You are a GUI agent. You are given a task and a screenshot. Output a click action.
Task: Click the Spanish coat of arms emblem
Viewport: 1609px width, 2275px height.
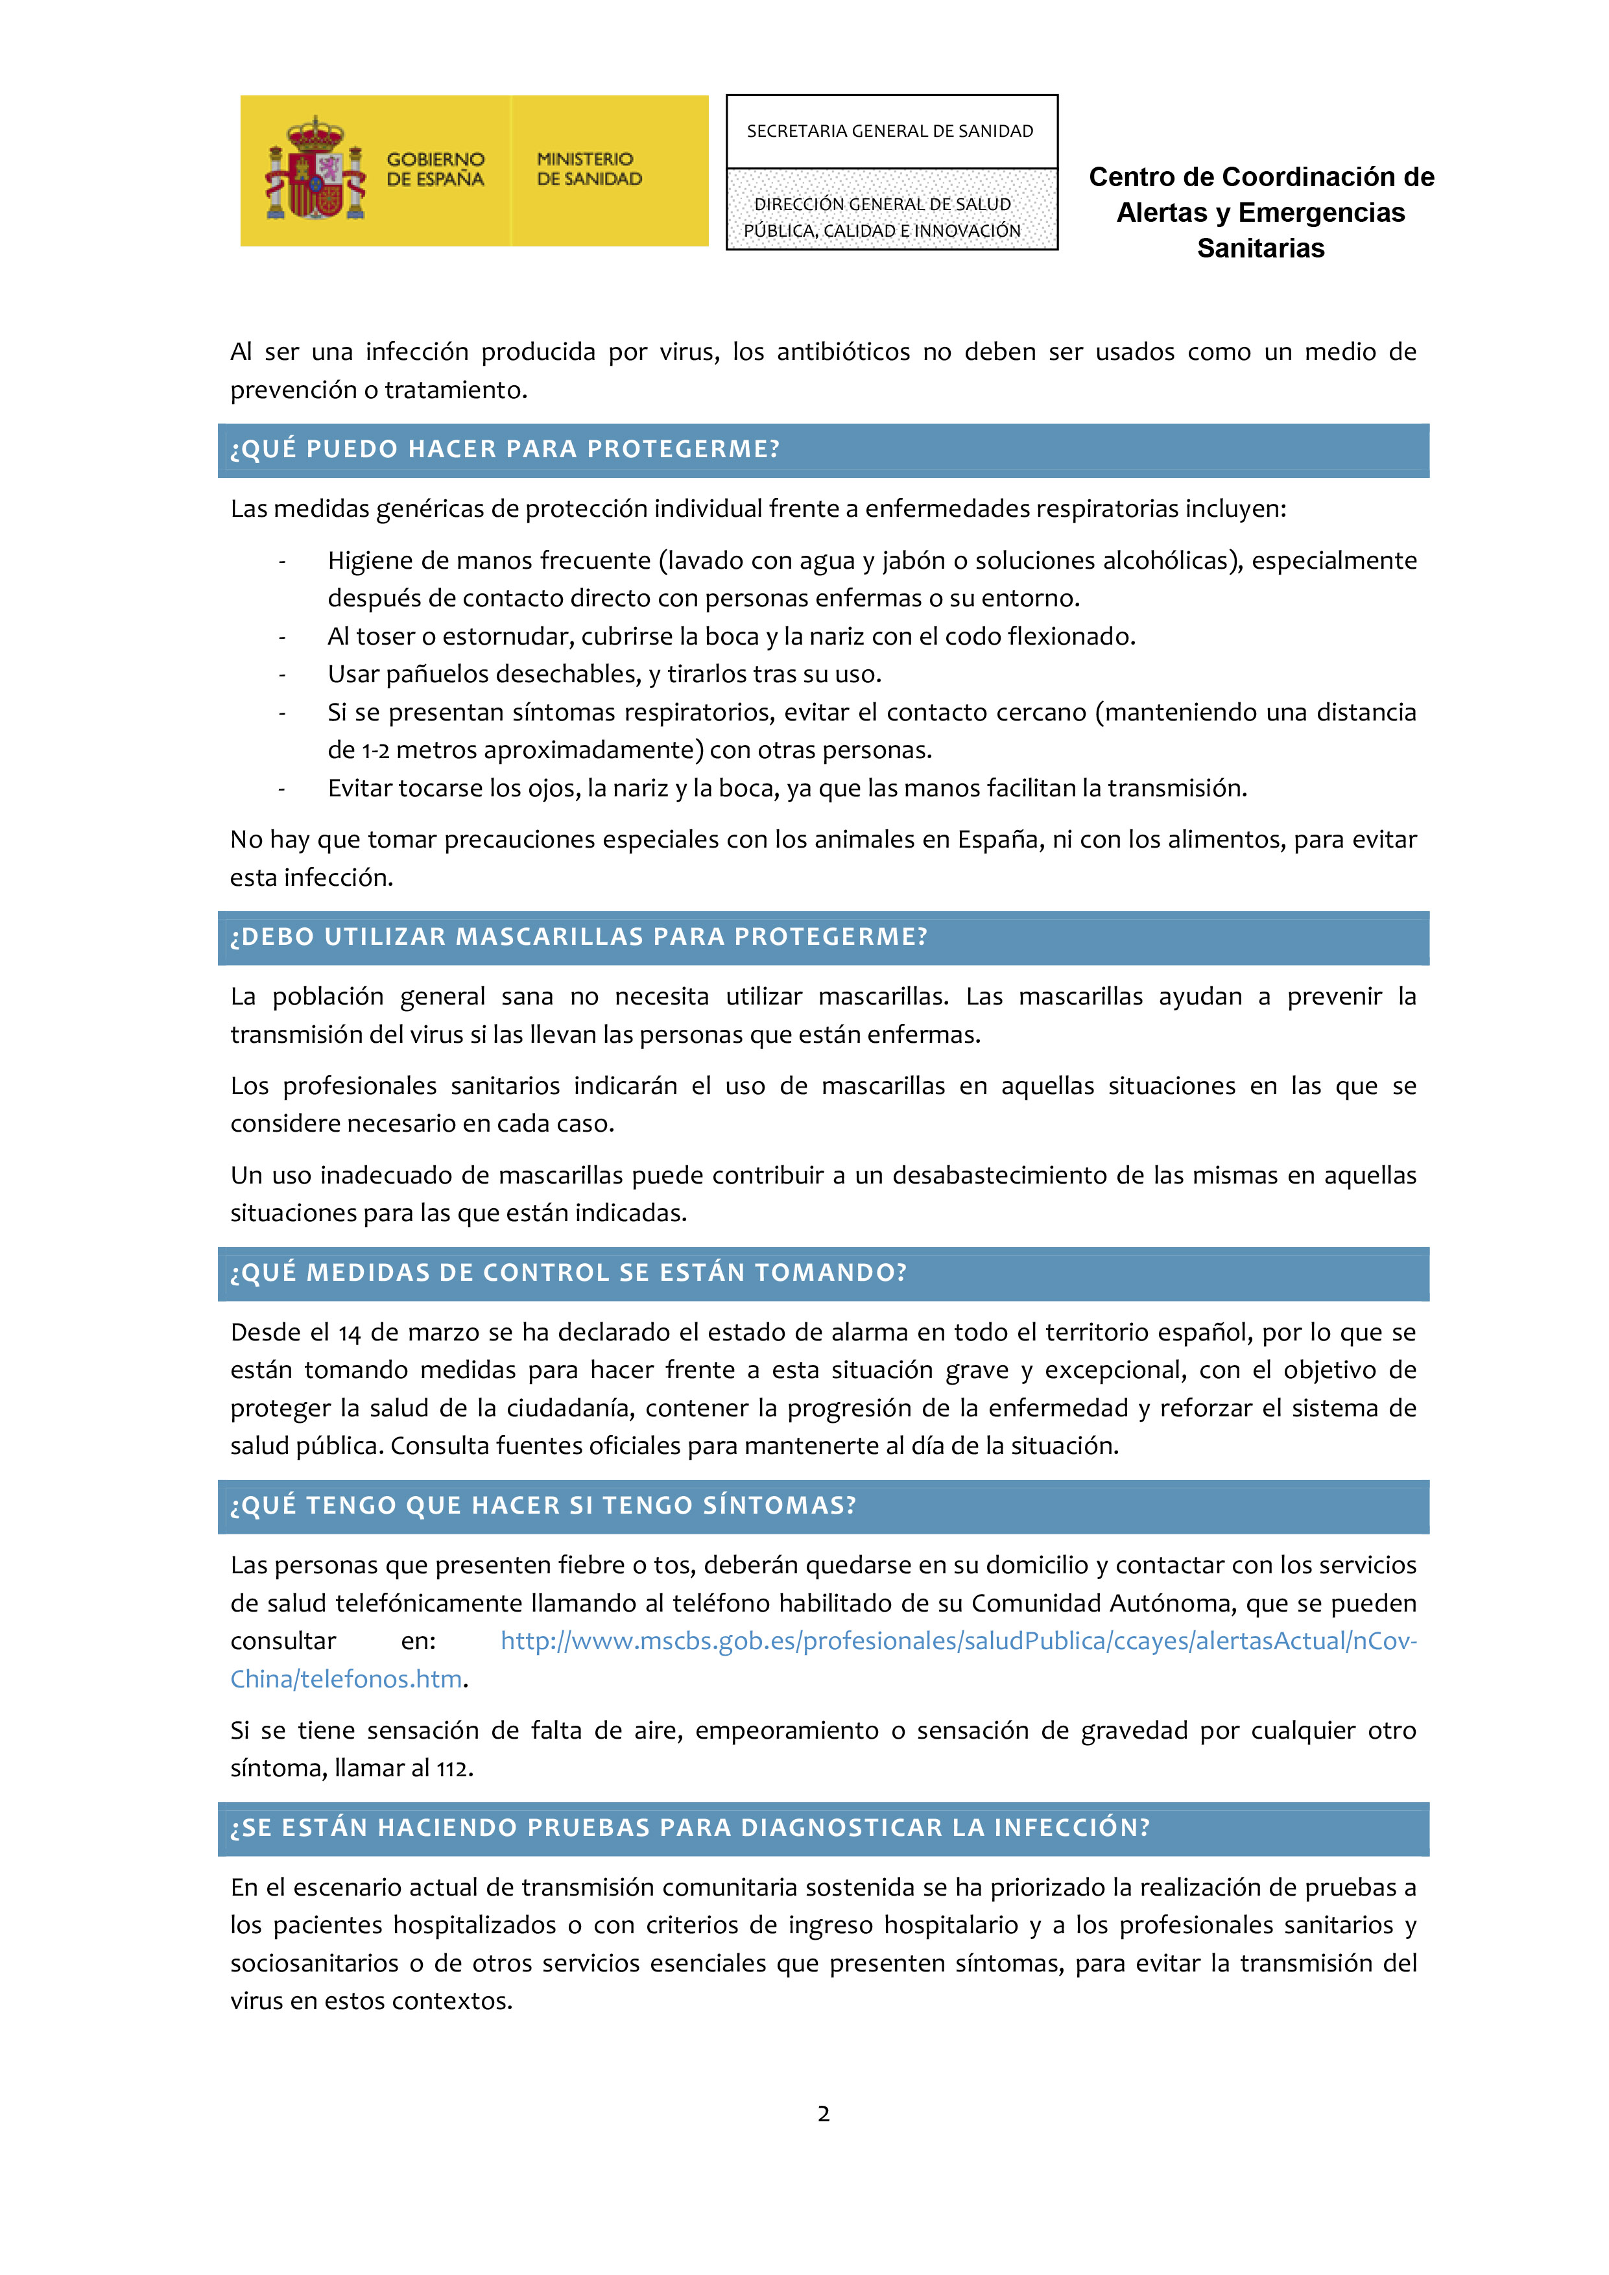point(316,169)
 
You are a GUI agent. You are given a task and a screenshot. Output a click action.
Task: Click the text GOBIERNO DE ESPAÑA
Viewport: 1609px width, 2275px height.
point(435,169)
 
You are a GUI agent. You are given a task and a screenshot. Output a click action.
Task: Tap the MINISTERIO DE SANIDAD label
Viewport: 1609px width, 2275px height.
point(588,169)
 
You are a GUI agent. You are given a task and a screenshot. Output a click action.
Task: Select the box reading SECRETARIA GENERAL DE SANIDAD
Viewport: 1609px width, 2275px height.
point(890,132)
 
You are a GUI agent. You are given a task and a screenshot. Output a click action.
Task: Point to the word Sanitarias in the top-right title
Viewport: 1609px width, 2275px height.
point(1260,248)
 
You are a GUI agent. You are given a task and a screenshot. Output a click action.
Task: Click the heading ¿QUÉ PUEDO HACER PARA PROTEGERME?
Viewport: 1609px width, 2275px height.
point(505,450)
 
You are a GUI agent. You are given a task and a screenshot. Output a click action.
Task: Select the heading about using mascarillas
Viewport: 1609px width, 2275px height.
point(578,937)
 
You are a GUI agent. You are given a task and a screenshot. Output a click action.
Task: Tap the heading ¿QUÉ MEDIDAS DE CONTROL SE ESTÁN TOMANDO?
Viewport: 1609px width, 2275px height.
point(569,1273)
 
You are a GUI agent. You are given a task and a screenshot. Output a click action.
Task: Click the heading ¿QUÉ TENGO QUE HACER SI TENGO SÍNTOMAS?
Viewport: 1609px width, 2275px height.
point(543,1506)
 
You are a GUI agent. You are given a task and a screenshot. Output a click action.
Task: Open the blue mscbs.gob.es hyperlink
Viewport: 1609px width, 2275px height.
point(958,1642)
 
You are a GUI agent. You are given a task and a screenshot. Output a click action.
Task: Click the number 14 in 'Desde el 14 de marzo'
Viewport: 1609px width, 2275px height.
point(349,1334)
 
